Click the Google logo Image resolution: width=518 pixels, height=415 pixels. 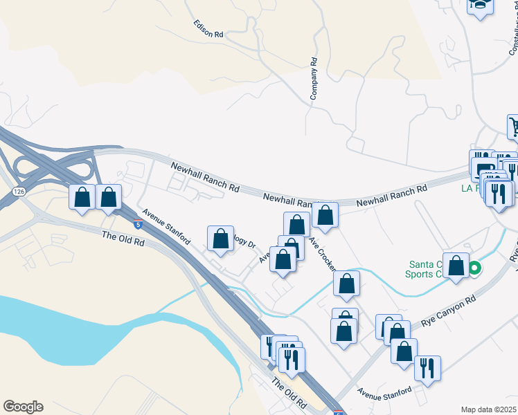point(23,407)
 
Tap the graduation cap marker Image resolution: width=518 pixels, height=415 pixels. point(480,6)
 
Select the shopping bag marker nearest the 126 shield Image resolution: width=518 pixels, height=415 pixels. point(82,198)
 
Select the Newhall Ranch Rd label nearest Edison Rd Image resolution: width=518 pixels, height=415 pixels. point(205,178)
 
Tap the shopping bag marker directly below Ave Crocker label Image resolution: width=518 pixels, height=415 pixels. point(346,284)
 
